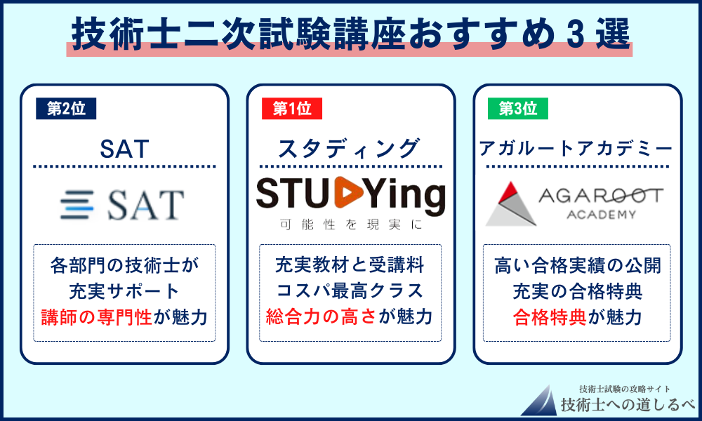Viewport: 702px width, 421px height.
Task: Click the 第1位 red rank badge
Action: tap(291, 109)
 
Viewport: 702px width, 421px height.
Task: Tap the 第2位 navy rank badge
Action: tap(65, 109)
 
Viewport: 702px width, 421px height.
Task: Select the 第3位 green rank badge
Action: tap(518, 109)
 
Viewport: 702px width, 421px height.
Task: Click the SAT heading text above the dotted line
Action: tap(124, 149)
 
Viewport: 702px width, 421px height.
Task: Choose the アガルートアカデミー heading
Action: tap(576, 149)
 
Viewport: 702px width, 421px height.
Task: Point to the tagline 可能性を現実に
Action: tap(350, 226)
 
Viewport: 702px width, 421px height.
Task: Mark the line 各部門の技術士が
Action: tap(124, 266)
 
